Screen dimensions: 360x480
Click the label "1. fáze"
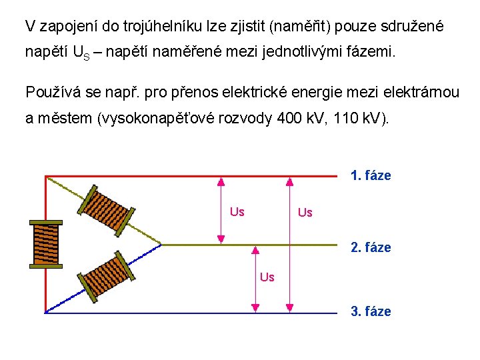pos(371,176)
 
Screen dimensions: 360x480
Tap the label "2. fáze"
pos(371,247)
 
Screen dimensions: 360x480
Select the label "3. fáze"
pos(371,311)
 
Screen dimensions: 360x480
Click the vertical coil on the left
pos(46,244)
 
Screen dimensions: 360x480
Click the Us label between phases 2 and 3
pos(267,277)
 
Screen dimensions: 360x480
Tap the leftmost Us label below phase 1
pos(237,212)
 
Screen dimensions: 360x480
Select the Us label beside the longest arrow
pos(305,213)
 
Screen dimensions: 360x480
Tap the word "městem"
pos(63,119)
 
